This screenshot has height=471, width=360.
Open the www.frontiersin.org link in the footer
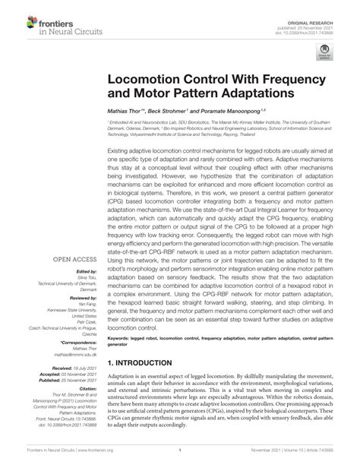coord(87,460)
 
